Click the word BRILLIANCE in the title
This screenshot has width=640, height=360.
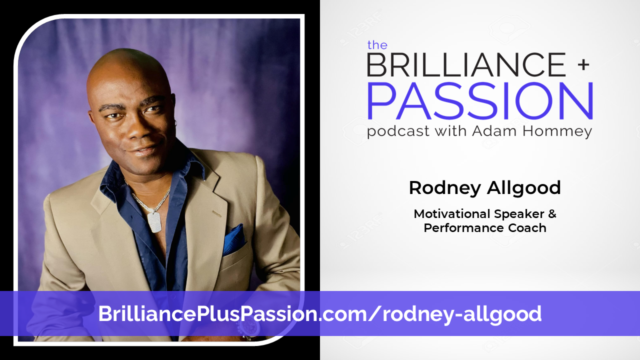pos(466,64)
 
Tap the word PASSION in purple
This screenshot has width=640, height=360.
pos(480,101)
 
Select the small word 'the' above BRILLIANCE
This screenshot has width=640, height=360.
pos(377,45)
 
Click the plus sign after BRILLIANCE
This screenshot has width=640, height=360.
pos(583,65)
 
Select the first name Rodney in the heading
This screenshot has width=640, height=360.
pos(445,188)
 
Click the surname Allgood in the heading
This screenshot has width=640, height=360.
pos(523,188)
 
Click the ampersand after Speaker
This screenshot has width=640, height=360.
pos(552,213)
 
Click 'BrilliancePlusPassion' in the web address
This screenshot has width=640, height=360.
pos(207,313)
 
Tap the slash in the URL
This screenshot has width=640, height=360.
pos(374,313)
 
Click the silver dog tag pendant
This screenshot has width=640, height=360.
pos(154,221)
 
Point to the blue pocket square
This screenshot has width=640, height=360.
pos(233,240)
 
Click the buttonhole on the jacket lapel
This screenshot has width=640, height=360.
pos(216,213)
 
